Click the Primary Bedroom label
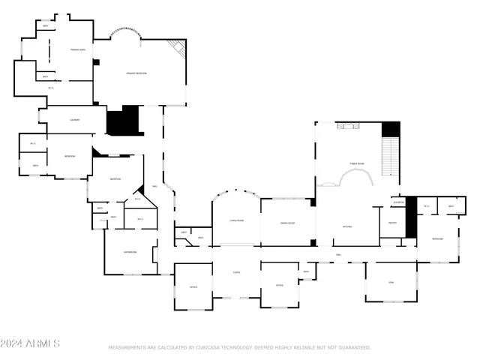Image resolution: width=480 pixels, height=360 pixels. pyautogui.click(x=136, y=73)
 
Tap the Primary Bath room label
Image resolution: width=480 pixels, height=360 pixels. pyautogui.click(x=77, y=49)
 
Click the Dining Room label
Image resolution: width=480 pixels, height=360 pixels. pyautogui.click(x=287, y=223)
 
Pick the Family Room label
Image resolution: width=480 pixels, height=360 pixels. pyautogui.click(x=356, y=163)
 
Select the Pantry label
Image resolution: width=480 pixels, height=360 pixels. pyautogui.click(x=392, y=223)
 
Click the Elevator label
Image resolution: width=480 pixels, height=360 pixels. pyautogui.click(x=398, y=202)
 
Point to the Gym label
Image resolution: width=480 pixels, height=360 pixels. pyautogui.click(x=391, y=282)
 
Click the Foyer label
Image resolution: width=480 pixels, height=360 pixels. pyautogui.click(x=235, y=273)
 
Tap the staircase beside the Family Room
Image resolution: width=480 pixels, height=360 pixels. pyautogui.click(x=390, y=157)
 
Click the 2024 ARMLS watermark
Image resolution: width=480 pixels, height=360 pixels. pyautogui.click(x=30, y=343)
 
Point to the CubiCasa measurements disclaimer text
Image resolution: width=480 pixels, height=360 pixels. pyautogui.click(x=240, y=348)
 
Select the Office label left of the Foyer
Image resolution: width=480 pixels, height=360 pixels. pyautogui.click(x=193, y=286)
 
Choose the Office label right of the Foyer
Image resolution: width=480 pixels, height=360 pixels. pyautogui.click(x=279, y=286)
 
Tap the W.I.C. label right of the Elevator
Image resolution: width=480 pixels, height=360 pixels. pyautogui.click(x=427, y=206)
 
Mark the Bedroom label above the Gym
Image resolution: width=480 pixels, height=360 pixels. pyautogui.click(x=438, y=238)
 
